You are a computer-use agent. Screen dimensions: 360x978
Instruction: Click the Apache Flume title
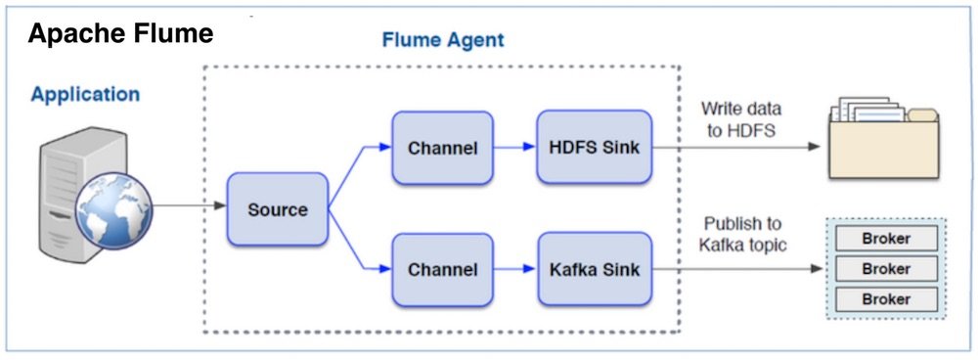(x=120, y=35)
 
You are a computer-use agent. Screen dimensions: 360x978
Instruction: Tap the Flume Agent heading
(x=442, y=41)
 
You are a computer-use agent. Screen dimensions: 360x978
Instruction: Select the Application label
(x=85, y=95)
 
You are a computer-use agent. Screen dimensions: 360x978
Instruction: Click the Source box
(x=277, y=209)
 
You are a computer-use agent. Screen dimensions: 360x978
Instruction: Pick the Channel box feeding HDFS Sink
(x=442, y=149)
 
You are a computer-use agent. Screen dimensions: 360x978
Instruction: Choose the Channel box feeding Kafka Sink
(x=442, y=268)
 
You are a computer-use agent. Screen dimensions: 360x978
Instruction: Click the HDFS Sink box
(x=594, y=148)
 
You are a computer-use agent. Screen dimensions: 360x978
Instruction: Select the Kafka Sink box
(x=594, y=268)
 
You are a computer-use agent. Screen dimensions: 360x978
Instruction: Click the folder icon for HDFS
(x=883, y=138)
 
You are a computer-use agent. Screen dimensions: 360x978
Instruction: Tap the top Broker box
(x=885, y=239)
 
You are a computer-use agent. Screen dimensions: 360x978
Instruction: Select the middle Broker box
(x=885, y=269)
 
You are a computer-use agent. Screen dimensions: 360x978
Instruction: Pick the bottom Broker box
(x=885, y=299)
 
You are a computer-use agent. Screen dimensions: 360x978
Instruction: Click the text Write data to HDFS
(x=740, y=119)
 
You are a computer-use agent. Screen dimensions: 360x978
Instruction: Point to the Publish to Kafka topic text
(x=740, y=235)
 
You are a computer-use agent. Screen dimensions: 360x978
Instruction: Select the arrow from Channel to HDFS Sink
(x=514, y=149)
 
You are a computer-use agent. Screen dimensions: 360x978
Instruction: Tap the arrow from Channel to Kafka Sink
(x=514, y=268)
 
